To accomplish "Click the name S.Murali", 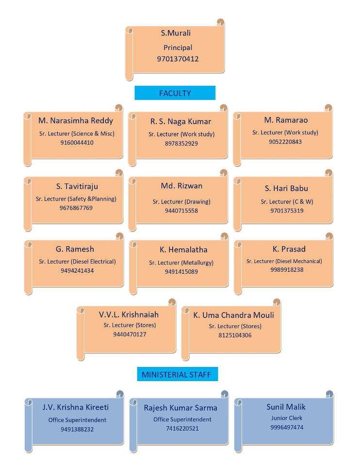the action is [176, 33].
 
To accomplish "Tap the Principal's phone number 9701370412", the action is [178, 59].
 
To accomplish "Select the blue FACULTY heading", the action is [175, 93].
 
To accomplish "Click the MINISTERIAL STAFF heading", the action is [177, 374].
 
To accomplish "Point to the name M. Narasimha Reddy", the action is [76, 121].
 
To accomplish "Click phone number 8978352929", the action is [181, 143].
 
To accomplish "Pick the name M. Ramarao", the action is [286, 120].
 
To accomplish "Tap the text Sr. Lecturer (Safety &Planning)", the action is [76, 199].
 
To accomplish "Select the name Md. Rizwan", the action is [181, 186].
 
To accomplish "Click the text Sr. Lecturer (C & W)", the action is [287, 201].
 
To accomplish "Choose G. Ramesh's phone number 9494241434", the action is [77, 270].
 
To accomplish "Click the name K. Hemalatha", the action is [183, 250].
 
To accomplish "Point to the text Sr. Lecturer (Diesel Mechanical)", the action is [284, 261].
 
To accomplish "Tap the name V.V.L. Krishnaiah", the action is [129, 315].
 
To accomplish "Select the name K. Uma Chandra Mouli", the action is [233, 315].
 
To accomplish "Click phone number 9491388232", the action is [77, 429].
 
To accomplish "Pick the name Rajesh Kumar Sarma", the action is [180, 408].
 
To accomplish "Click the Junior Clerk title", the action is [287, 418].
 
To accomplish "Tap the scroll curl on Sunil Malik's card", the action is [329, 394].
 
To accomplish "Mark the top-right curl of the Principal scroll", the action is [220, 22].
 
